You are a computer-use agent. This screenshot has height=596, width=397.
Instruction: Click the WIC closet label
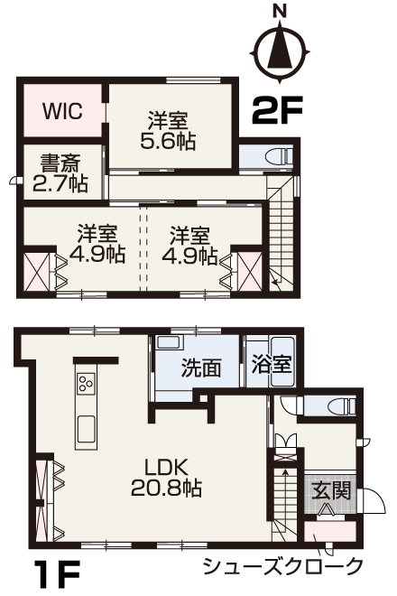click(62, 111)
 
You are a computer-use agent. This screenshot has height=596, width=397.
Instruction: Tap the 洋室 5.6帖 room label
click(168, 131)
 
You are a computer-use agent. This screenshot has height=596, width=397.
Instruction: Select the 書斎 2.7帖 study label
click(60, 173)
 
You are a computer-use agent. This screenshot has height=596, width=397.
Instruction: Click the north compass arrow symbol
click(281, 51)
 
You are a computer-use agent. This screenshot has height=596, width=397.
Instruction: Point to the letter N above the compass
click(281, 13)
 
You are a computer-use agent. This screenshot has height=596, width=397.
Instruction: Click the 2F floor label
click(277, 110)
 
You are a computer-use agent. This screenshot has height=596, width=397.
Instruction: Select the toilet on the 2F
click(280, 156)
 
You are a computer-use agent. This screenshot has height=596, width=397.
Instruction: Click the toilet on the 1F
click(343, 406)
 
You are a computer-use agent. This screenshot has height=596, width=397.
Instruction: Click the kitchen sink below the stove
click(86, 429)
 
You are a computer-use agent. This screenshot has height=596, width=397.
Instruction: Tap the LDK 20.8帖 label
click(166, 478)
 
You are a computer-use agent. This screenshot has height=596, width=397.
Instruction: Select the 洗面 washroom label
click(201, 368)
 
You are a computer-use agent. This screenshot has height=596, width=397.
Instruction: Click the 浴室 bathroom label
click(272, 364)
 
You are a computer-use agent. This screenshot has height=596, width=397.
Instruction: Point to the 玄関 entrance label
click(330, 490)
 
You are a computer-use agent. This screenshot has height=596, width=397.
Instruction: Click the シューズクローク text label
click(282, 567)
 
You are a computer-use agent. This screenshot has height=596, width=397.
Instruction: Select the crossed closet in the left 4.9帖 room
click(36, 272)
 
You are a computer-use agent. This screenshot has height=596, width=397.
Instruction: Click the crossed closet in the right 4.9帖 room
click(250, 272)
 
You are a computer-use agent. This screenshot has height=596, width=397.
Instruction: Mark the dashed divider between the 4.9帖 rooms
click(143, 249)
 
